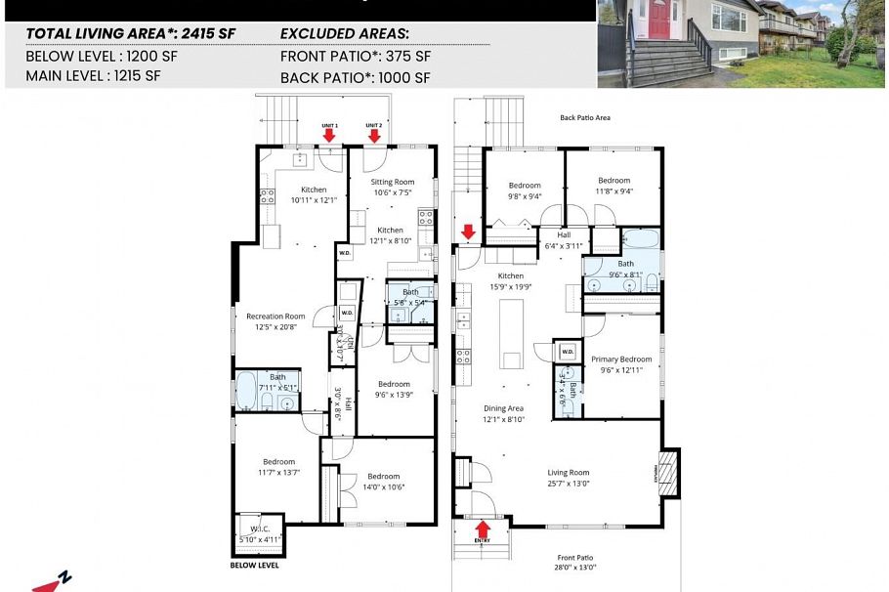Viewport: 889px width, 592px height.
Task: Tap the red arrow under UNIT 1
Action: pos(329,136)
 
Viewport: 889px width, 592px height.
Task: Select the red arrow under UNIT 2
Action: pos(374,136)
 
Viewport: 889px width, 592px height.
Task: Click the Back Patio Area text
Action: pos(585,117)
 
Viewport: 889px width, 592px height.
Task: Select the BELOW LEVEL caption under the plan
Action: pos(254,566)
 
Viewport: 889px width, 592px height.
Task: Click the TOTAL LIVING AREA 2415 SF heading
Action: pos(130,32)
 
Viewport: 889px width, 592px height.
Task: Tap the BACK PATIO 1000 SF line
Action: pos(355,77)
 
